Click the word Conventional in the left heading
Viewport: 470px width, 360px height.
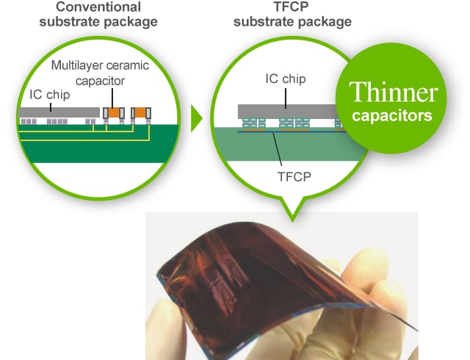pos(98,7)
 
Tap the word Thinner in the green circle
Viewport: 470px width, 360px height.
pos(394,92)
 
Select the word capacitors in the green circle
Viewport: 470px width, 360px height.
pos(392,116)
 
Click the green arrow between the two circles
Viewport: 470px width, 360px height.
pos(196,118)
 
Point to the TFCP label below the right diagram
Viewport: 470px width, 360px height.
pos(294,177)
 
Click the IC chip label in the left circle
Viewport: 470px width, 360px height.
pos(50,95)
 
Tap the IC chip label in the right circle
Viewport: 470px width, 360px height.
pos(286,79)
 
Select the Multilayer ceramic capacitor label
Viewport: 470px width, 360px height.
pos(100,73)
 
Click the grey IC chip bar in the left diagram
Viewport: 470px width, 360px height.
pos(59,112)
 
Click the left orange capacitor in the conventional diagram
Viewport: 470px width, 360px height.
pos(114,113)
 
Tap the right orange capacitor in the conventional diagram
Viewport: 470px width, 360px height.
pos(141,113)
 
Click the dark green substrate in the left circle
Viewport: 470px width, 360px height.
pos(98,144)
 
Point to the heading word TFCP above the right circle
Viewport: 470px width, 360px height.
pos(291,7)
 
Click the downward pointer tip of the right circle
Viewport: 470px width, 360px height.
pos(292,221)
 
